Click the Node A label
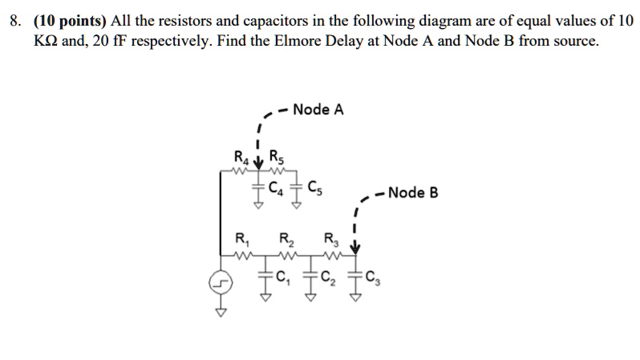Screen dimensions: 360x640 (318, 110)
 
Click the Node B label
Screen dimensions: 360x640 (412, 192)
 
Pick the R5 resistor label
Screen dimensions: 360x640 (275, 156)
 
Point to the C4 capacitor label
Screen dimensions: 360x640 (275, 190)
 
